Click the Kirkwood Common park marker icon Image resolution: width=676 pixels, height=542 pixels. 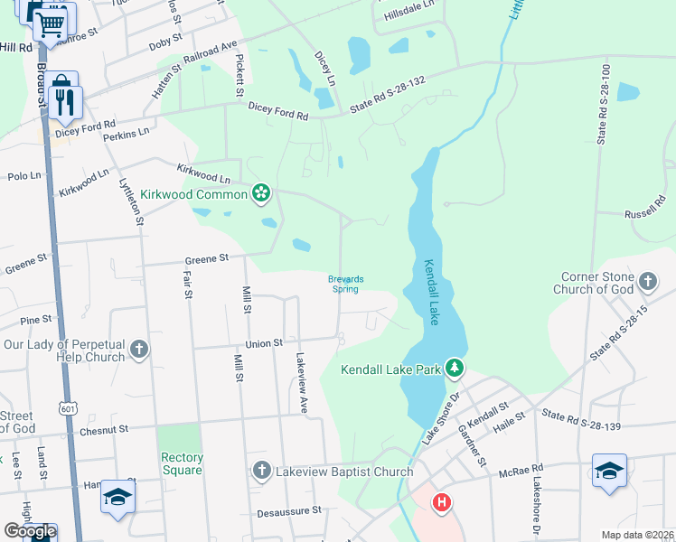coord(261,192)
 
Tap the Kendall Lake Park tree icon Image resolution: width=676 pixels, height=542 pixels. coord(455,368)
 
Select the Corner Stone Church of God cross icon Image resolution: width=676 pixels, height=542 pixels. coord(647,282)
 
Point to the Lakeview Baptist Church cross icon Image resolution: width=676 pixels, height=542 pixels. coord(261,470)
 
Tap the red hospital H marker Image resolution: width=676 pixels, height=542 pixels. coord(441,501)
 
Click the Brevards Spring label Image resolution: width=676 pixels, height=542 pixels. coord(344,284)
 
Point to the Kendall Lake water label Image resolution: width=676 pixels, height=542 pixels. coord(432,293)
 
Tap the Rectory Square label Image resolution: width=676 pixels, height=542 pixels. coord(181,463)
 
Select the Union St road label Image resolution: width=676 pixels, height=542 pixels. coord(265,343)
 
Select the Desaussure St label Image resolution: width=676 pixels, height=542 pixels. coord(291,510)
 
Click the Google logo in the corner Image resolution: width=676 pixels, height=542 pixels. coord(29,531)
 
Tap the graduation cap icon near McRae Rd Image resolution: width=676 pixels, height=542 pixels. coord(610,472)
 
